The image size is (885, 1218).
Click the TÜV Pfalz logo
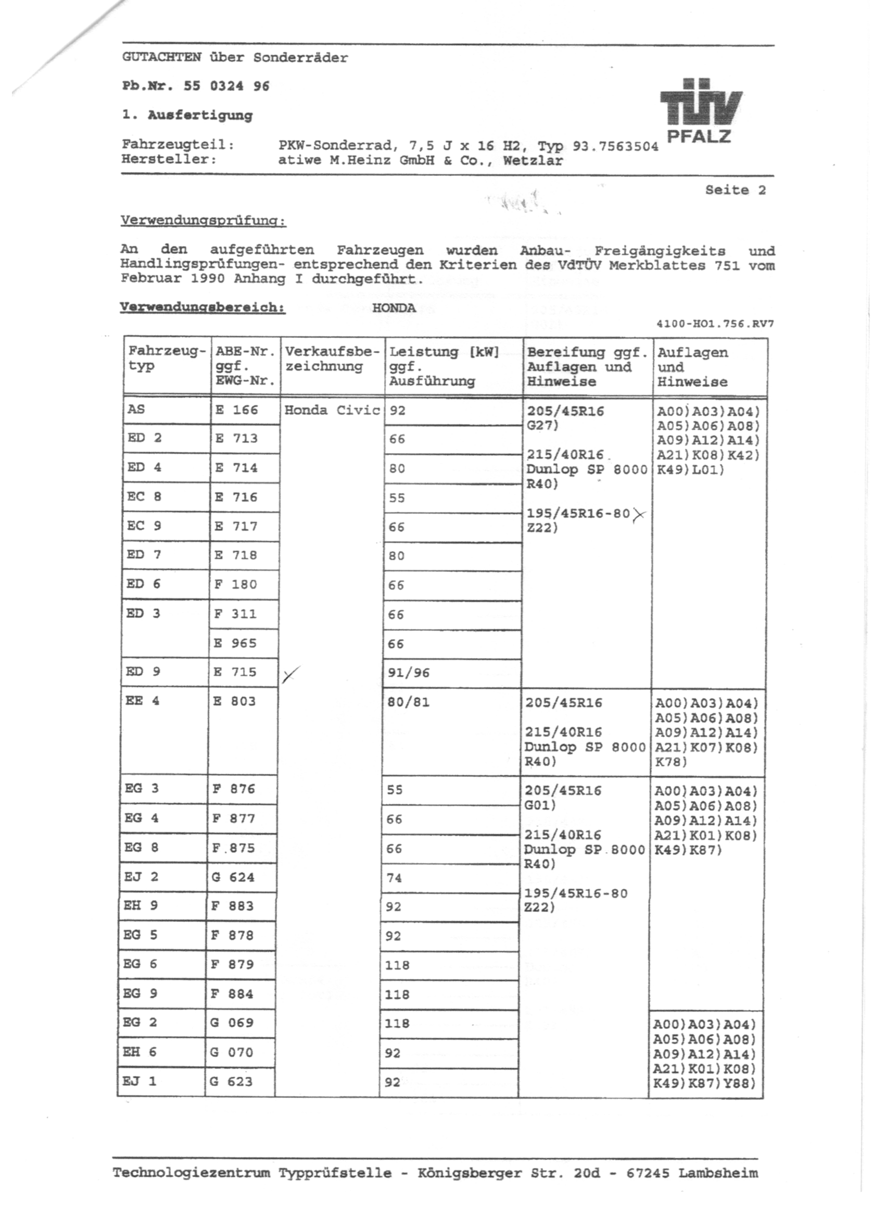click(x=700, y=110)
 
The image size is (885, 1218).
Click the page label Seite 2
click(x=735, y=190)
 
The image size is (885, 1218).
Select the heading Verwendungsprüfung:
click(x=203, y=221)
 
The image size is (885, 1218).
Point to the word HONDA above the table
click(x=394, y=308)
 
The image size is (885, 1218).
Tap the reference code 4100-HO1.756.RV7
click(x=714, y=324)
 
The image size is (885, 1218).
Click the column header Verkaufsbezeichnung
click(x=332, y=359)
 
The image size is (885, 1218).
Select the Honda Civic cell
click(x=332, y=411)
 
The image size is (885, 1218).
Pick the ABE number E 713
click(x=236, y=439)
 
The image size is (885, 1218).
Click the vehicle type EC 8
click(x=144, y=496)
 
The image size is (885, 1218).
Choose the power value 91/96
click(x=409, y=673)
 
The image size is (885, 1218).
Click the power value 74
click(x=395, y=877)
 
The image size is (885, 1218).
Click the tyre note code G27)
click(x=542, y=426)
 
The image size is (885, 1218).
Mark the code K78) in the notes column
click(x=671, y=762)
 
